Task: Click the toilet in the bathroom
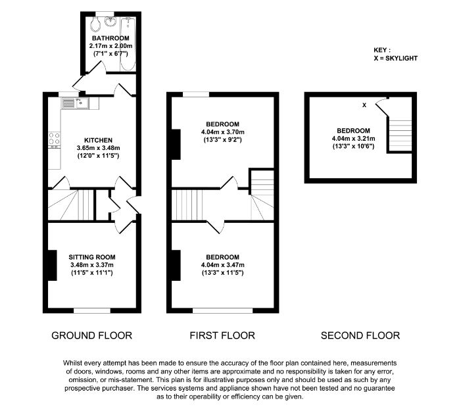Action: [95, 24]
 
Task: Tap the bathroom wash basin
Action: [111, 22]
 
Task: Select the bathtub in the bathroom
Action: [128, 44]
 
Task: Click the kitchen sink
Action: [75, 103]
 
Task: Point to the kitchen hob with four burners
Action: [55, 139]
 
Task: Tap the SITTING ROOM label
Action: [92, 257]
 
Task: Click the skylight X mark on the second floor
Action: [364, 105]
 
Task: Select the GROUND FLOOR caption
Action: [91, 335]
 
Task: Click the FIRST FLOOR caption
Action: [222, 335]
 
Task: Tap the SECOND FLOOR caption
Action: [360, 335]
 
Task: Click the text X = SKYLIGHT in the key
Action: [396, 59]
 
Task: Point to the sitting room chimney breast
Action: [53, 265]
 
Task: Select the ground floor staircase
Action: [71, 205]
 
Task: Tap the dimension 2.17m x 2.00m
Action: [111, 46]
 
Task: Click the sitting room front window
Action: [92, 310]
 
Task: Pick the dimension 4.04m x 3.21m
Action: [353, 139]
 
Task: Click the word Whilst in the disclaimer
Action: [72, 363]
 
